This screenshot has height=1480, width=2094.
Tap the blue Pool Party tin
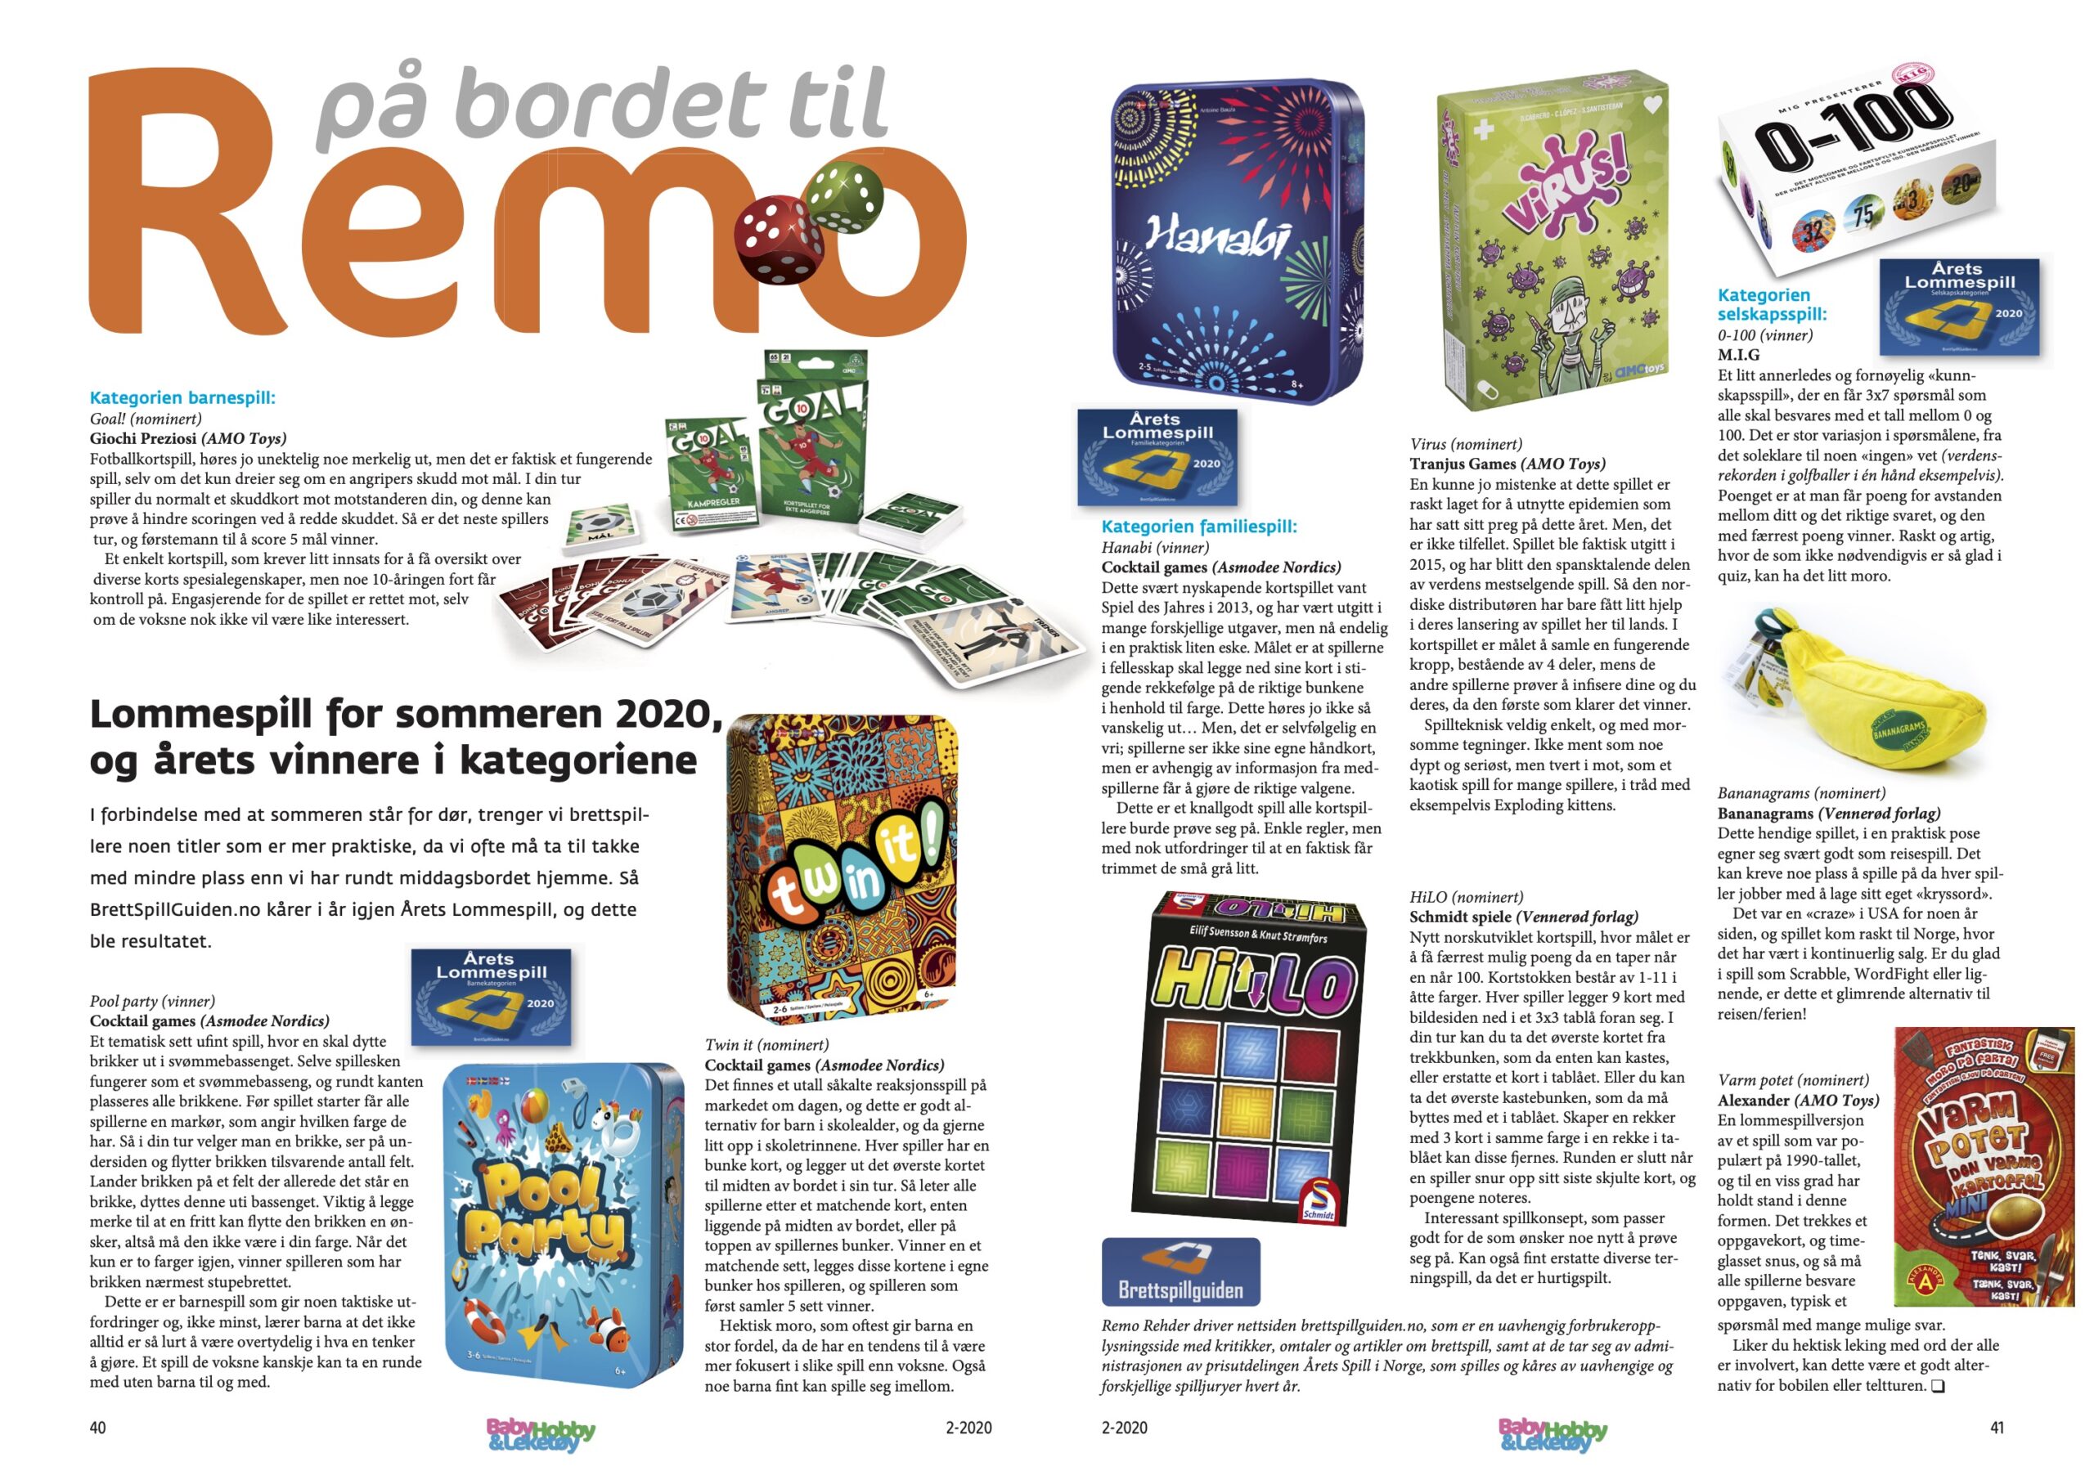pos(563,1222)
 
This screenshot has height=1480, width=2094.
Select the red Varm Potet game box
pos(1984,1167)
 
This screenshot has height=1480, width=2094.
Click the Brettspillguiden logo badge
pos(1180,1271)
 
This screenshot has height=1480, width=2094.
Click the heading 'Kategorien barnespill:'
pos(182,397)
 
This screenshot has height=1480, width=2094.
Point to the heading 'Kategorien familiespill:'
pos(1198,526)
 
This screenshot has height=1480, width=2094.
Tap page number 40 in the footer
pos(97,1427)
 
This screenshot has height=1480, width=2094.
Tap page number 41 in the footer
pos(1997,1427)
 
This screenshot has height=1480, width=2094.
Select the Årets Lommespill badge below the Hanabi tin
pos(1157,456)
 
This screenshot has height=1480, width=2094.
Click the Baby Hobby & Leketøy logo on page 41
pos(1553,1433)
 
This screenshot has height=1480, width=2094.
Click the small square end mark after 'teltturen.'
pos(1938,1386)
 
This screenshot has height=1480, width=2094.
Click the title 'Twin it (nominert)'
pos(766,1045)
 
